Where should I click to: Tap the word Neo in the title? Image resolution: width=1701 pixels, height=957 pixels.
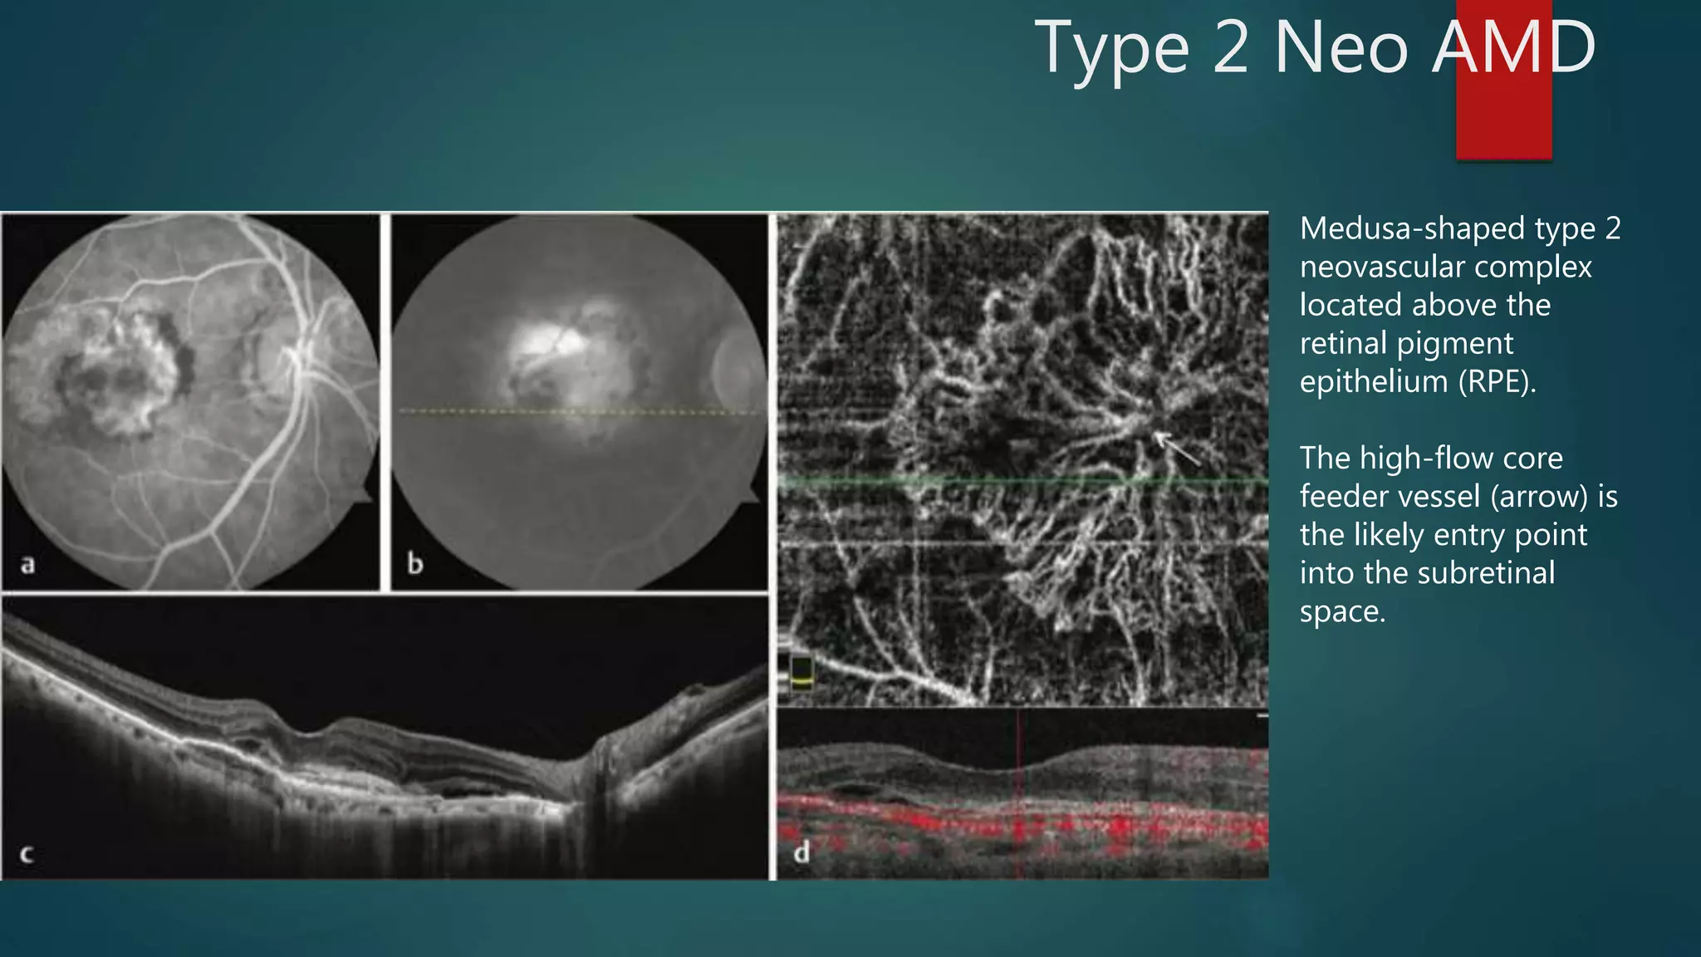pos(1341,48)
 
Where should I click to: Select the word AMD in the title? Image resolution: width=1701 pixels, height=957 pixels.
pos(1513,48)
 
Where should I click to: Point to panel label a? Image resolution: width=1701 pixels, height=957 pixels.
pos(28,565)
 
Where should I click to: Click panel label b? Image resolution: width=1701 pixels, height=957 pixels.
pos(414,564)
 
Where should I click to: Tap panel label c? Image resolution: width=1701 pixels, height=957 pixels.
pos(27,854)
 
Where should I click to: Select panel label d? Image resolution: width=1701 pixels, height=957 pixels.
pos(801,852)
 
